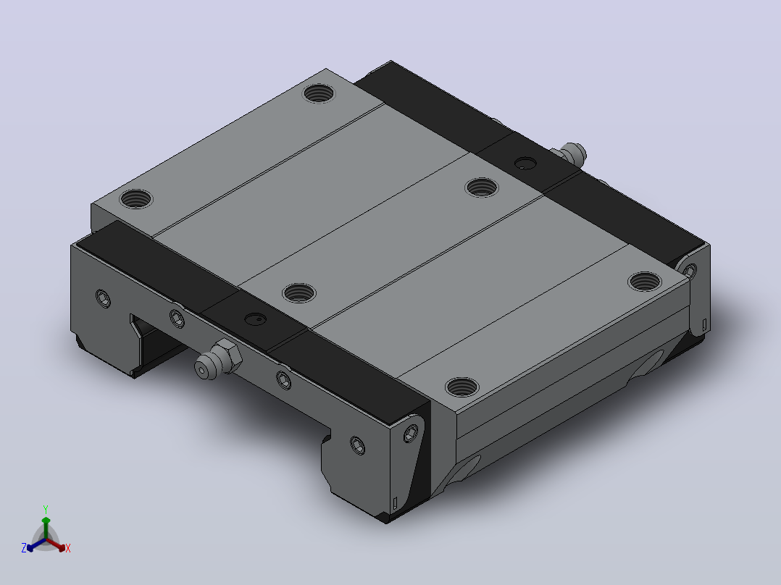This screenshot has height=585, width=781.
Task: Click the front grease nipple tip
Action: pos(201,370)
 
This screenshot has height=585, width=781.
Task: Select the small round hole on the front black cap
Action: pos(256,319)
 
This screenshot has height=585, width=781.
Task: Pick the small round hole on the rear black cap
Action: pos(525,164)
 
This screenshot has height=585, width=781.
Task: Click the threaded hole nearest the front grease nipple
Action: pos(298,292)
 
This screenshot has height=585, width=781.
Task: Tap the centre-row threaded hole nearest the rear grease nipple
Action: pos(482,188)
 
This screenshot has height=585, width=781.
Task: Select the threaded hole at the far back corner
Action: pos(319,93)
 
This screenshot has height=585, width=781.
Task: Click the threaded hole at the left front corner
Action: pos(136,198)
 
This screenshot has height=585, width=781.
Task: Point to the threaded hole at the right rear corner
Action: pos(645,282)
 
